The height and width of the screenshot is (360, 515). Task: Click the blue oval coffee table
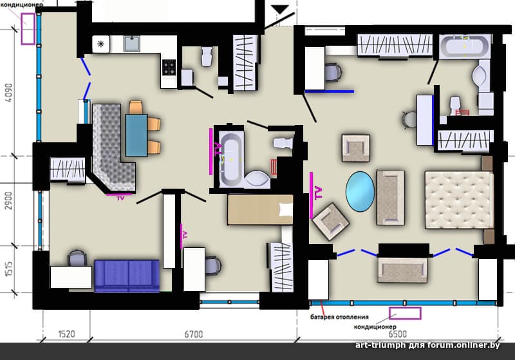coord(360,191)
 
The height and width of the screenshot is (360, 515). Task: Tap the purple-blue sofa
coord(127,276)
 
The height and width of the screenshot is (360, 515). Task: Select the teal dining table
coord(136,135)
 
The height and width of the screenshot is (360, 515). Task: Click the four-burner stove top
coord(169,68)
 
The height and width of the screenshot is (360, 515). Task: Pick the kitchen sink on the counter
coord(132,43)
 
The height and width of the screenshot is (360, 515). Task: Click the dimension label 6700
coord(194,334)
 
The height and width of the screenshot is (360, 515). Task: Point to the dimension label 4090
coord(9,93)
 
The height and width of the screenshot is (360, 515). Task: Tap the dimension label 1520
coord(66,334)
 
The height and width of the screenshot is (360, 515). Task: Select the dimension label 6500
coord(397,334)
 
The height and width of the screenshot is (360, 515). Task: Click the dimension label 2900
coord(9,201)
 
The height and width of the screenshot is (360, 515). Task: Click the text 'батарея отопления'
coord(339,317)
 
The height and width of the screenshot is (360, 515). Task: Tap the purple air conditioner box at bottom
coord(405,313)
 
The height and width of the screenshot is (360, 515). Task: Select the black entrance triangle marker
coord(280,10)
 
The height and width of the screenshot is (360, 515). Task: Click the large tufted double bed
coord(459,200)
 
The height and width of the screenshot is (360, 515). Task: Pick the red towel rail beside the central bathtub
coord(273,167)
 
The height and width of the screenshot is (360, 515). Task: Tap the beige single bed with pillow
coord(260,209)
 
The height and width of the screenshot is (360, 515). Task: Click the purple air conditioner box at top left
coord(28,28)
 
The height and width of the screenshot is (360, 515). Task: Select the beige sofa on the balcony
coord(403,270)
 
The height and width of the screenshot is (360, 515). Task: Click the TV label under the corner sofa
coord(120,198)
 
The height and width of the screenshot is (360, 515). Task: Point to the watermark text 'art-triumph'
coord(380,345)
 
